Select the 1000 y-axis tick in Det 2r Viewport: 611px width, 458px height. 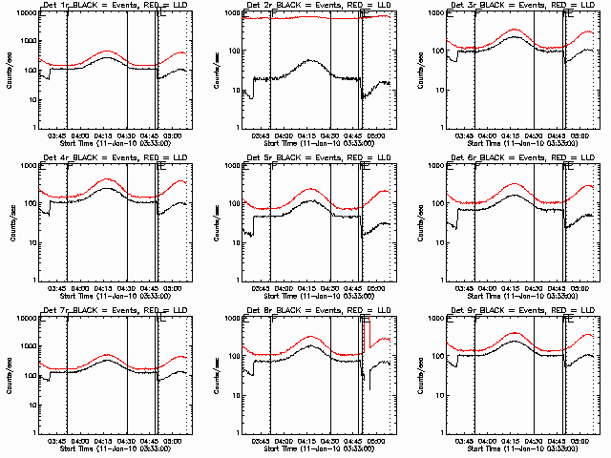pos(230,13)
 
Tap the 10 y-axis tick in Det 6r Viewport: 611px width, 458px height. pos(438,242)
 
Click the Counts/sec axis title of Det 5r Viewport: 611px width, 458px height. pos(214,221)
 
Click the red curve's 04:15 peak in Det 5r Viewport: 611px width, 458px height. pos(311,189)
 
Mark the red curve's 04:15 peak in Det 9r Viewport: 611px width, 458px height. pos(516,334)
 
